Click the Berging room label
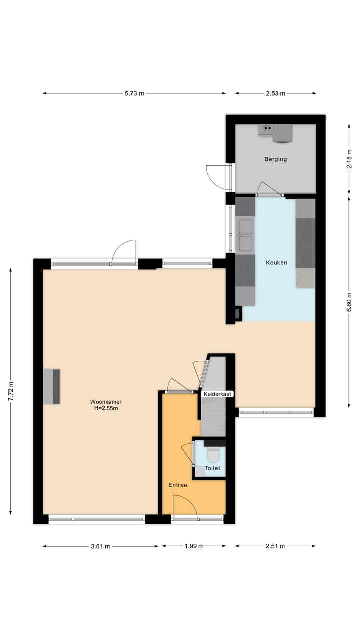point(275,159)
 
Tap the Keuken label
point(276,262)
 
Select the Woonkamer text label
point(106,401)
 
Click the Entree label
point(177,485)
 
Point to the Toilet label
point(212,469)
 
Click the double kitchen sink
point(245,235)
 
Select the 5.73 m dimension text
point(134,93)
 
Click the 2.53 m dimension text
point(275,93)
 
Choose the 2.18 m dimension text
point(349,159)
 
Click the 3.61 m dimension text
point(100,546)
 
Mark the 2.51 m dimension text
point(275,546)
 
